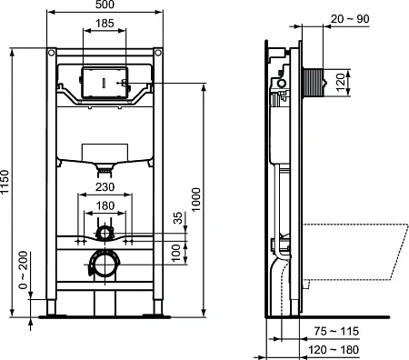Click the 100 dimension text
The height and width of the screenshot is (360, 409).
pos(177,252)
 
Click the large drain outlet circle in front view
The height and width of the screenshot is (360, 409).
pos(105,265)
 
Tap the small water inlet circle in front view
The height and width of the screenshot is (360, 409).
pos(105,235)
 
